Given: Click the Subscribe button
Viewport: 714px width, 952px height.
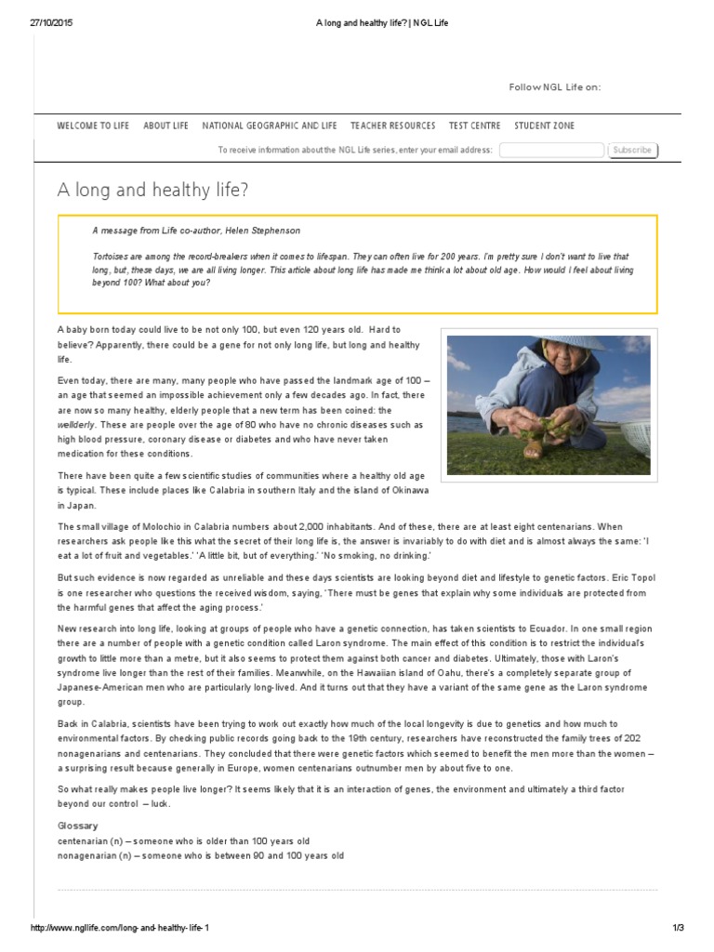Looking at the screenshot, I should [x=632, y=150].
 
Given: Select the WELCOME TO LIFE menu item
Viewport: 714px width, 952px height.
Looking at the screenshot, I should [x=93, y=126].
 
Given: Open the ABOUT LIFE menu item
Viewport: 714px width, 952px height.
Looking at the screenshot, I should [x=165, y=126].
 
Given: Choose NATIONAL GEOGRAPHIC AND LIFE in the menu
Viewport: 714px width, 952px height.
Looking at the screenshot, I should [x=269, y=126].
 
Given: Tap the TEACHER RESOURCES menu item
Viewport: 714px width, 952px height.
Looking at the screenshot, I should [x=392, y=126].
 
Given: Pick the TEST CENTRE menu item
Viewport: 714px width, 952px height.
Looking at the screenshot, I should [x=474, y=126].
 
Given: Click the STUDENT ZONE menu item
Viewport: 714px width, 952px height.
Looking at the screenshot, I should [x=544, y=126].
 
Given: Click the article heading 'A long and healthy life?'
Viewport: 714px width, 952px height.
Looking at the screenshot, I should [x=152, y=190].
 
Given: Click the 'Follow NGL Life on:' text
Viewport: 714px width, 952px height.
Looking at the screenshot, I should [x=554, y=86].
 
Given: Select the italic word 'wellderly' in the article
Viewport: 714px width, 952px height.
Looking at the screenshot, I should [x=78, y=424].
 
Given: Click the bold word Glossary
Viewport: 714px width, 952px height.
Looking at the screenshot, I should [x=77, y=826].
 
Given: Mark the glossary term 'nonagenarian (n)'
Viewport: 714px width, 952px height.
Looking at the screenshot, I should [x=93, y=855].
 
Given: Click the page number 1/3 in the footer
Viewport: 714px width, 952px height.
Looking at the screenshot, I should [x=677, y=929].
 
